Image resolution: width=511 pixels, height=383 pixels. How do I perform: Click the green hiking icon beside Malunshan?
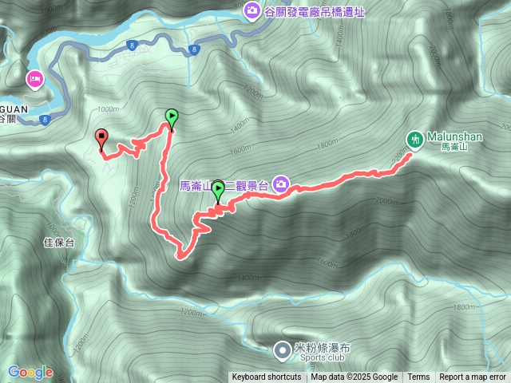click(x=414, y=139)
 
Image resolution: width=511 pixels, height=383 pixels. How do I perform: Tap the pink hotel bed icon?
click(x=35, y=79)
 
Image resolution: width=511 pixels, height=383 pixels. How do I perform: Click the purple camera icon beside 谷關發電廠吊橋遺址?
click(x=252, y=10)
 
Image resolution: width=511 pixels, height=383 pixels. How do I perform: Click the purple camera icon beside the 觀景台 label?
click(x=280, y=185)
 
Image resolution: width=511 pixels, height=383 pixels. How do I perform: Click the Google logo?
click(x=30, y=372)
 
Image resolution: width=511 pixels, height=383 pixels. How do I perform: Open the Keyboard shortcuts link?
click(x=267, y=377)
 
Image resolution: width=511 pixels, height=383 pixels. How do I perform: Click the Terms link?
click(x=418, y=377)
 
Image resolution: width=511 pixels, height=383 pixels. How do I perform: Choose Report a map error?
click(x=473, y=377)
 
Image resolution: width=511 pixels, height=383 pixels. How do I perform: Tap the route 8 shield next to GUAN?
click(x=44, y=120)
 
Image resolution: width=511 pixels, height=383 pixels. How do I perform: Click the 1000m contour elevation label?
click(x=107, y=109)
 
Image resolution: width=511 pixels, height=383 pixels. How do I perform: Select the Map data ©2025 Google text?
click(x=355, y=377)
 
